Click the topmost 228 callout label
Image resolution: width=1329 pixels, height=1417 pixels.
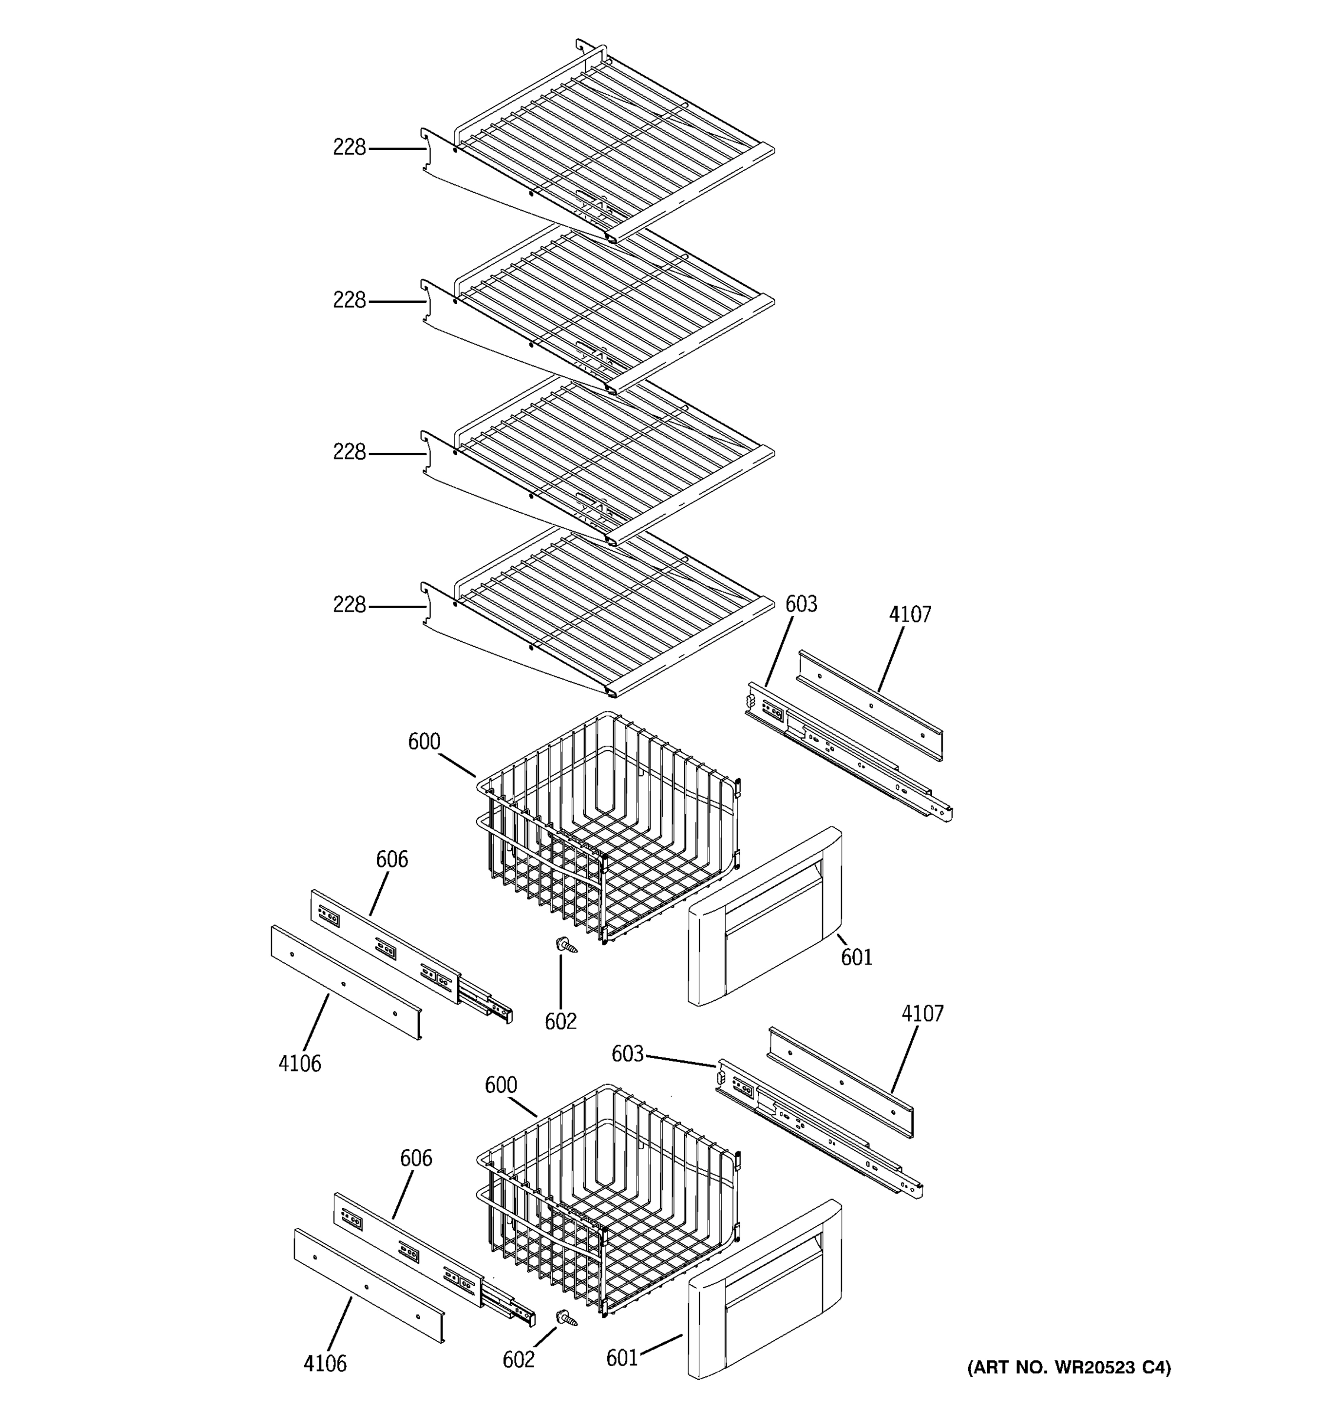(x=348, y=148)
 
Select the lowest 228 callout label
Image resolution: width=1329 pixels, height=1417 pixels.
(x=348, y=605)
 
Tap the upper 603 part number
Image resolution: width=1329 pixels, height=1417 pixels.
(x=801, y=605)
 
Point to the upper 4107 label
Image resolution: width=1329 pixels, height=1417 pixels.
(x=910, y=615)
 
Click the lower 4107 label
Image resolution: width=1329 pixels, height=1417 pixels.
(x=922, y=1014)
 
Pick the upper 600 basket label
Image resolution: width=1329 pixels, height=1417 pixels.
(x=424, y=742)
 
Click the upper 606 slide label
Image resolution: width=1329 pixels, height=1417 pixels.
(x=392, y=860)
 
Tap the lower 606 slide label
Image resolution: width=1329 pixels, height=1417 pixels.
(x=416, y=1158)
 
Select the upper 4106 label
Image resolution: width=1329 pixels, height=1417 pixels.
(x=299, y=1063)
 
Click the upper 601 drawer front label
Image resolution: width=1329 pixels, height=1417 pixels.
(x=856, y=957)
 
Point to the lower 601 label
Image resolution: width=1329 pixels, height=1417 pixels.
(x=622, y=1359)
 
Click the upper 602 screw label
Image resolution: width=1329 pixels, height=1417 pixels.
(x=561, y=1021)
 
